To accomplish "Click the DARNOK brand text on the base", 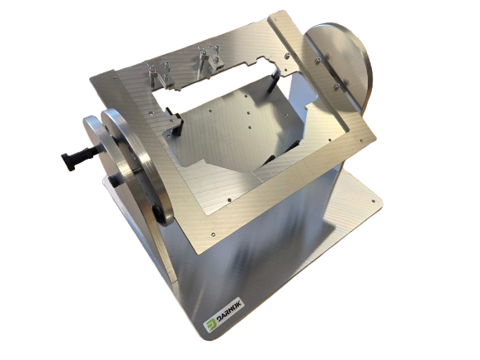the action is pos(229,312).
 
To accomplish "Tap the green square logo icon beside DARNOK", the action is pos(210,325).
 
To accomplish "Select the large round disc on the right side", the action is pos(339,69).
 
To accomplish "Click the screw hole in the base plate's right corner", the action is pos(373,201).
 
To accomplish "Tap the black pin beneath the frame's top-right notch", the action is pos(274,81).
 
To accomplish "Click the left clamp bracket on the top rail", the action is pos(160,74).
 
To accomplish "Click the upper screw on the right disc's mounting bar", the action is pos(319,60).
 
